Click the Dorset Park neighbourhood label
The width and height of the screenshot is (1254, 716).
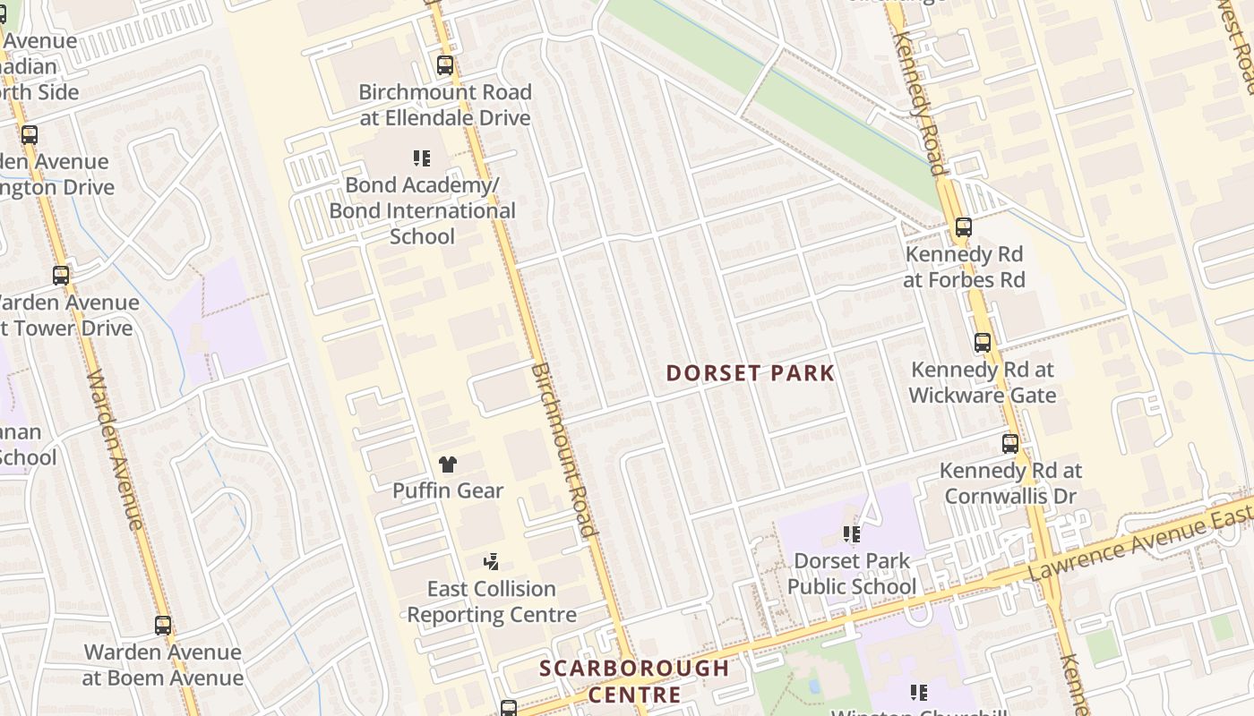coord(750,373)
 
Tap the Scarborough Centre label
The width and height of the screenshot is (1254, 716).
coord(634,681)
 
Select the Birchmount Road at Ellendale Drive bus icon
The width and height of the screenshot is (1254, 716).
coord(444,65)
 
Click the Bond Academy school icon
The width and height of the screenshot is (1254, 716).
coord(422,159)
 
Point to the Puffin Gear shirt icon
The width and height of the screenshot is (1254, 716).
coord(448,464)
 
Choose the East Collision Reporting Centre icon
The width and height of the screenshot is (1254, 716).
coord(491,562)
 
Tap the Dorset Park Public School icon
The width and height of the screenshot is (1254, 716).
coord(851,534)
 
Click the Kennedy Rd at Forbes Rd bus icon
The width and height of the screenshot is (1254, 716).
coord(964,227)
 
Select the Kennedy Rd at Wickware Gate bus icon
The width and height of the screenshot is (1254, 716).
coord(983,343)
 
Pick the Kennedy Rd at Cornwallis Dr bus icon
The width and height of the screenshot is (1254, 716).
coord(1010,444)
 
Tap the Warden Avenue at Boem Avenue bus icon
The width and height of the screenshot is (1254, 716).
coord(163,626)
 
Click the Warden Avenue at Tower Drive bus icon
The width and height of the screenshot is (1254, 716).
coord(61,276)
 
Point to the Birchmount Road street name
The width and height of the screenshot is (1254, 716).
coord(563,449)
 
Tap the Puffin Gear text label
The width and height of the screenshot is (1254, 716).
coord(448,490)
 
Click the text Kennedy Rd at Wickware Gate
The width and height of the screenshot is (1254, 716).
coord(983,382)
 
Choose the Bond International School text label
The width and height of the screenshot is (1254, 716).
coord(422,211)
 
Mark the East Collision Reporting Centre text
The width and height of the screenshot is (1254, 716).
coord(492,601)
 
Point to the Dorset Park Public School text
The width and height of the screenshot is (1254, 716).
coord(852,574)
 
